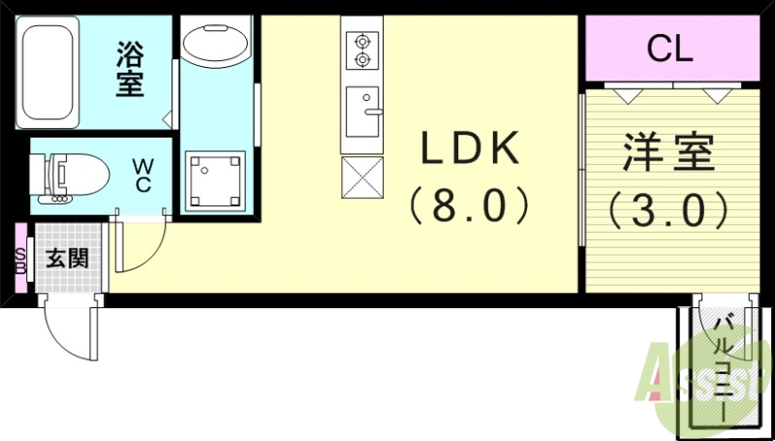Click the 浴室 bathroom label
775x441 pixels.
[130, 68]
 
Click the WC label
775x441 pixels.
[142, 175]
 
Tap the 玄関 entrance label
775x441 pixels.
[67, 259]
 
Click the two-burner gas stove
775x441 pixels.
[362, 50]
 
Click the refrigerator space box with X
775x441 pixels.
[362, 175]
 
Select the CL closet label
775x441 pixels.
[669, 48]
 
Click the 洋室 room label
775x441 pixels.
[668, 153]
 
